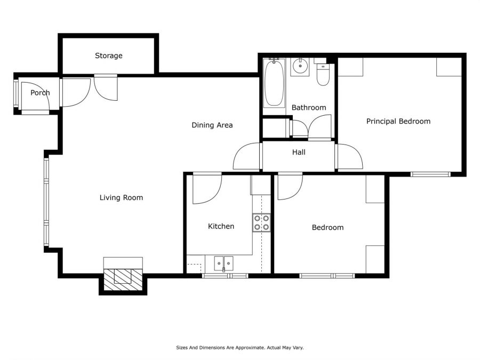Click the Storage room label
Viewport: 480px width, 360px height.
point(109,55)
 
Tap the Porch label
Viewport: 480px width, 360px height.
point(40,92)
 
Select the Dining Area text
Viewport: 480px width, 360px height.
point(212,125)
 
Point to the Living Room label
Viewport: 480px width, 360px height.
point(121,198)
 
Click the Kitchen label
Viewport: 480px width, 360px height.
point(221,226)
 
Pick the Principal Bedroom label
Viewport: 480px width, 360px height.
point(398,121)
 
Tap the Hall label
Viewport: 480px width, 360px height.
point(299,152)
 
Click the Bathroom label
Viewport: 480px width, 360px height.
point(309,107)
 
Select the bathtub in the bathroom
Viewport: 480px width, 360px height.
point(274,83)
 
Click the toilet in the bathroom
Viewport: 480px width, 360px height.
point(323,74)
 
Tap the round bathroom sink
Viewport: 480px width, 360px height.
point(300,66)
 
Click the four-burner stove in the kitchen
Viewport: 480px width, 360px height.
point(261,222)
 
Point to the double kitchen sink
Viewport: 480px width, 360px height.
point(223,263)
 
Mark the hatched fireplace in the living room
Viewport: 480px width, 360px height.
point(123,279)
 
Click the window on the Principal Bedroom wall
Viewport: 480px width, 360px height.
point(431,174)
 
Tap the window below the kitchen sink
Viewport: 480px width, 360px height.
point(225,276)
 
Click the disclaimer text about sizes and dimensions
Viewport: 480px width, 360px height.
point(240,348)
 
